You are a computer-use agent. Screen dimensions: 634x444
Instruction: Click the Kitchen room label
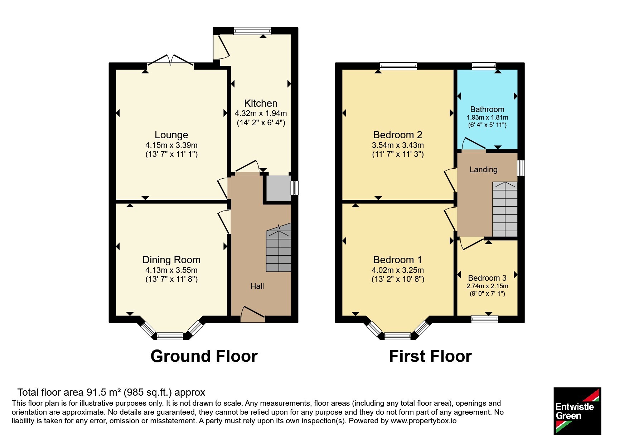click(261, 103)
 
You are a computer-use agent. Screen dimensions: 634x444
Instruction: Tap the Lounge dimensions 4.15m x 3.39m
click(171, 145)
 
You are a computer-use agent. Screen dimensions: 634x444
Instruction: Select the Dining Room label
click(171, 260)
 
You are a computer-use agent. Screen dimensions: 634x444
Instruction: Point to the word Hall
click(257, 286)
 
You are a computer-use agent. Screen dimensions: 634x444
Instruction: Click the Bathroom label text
click(487, 109)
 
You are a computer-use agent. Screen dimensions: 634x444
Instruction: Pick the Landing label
click(483, 169)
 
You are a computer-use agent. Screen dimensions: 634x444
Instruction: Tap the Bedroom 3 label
click(487, 278)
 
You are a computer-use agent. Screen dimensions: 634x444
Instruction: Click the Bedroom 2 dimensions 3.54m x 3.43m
click(398, 145)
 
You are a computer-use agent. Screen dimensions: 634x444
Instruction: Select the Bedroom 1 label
click(397, 260)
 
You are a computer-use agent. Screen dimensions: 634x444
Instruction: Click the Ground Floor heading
click(204, 356)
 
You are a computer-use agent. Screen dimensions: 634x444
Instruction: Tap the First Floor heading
click(430, 356)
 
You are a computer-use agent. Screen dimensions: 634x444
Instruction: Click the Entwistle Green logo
click(577, 411)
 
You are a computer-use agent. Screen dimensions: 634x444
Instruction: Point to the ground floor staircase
click(279, 247)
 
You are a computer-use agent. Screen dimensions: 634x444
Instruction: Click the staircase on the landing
click(505, 209)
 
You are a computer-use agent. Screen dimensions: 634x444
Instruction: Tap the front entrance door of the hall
click(253, 314)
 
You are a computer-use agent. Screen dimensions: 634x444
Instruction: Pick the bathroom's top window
click(484, 66)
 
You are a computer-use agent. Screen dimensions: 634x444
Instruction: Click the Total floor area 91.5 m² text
click(111, 392)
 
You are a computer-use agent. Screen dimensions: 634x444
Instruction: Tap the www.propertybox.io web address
click(424, 421)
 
